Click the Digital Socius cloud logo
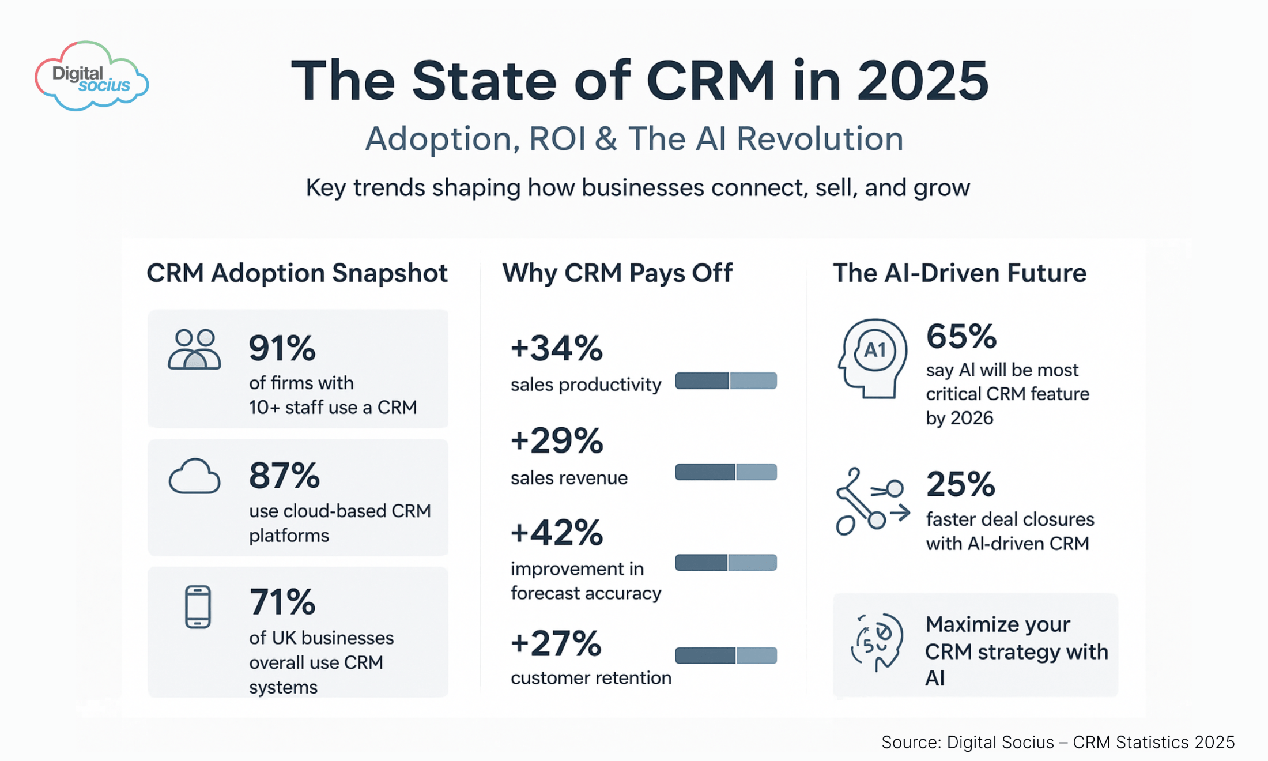92,77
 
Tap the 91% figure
282,348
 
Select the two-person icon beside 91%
194,349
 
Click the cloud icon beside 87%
194,476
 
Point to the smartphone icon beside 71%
198,606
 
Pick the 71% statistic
282,602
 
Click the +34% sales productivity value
556,348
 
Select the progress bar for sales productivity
726,380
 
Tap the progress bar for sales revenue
726,472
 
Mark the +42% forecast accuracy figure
556,532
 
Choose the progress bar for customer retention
726,655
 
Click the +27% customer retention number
556,643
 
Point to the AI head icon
873,358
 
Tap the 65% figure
961,336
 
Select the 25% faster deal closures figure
960,484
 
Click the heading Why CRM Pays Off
617,273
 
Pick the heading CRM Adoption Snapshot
297,273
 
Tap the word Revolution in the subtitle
820,139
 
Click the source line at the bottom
1058,742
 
